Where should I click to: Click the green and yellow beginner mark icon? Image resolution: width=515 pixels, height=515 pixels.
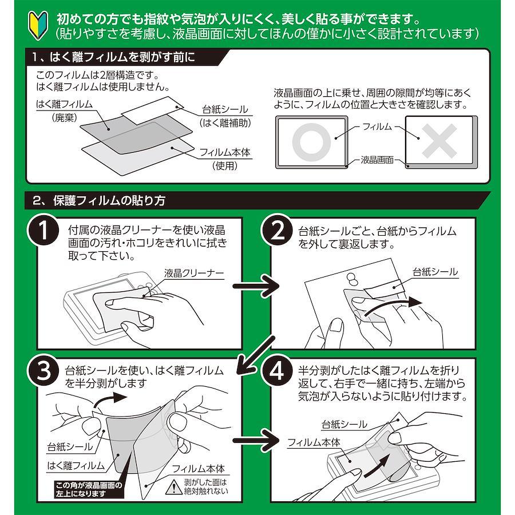[x=38, y=26]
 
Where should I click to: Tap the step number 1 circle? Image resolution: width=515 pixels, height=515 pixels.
[x=43, y=230]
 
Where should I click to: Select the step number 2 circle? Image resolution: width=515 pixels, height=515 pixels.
[x=277, y=231]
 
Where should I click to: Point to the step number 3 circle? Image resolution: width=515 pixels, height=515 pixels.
[x=43, y=372]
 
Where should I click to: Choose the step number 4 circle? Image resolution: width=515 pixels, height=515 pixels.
[x=277, y=372]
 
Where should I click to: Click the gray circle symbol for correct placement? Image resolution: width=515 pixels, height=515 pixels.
[x=311, y=142]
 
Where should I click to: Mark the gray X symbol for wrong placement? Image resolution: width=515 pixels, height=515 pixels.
[x=439, y=141]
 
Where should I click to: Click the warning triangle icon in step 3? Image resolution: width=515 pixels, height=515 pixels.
[x=172, y=487]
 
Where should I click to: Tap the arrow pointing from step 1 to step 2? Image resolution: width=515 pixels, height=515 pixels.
[x=256, y=286]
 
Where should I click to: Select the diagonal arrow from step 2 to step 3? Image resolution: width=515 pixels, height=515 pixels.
[x=255, y=355]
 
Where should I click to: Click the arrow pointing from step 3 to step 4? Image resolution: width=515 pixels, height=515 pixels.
[x=256, y=440]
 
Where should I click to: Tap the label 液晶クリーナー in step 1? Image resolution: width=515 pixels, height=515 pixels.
[x=194, y=274]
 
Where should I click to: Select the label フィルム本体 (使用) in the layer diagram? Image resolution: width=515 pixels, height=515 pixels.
[x=225, y=159]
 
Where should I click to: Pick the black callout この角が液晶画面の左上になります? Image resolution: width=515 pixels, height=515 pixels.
[x=89, y=489]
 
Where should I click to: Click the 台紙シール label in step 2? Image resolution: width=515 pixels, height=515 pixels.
[x=435, y=272]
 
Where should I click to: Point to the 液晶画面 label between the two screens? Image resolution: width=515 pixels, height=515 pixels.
[x=377, y=160]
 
